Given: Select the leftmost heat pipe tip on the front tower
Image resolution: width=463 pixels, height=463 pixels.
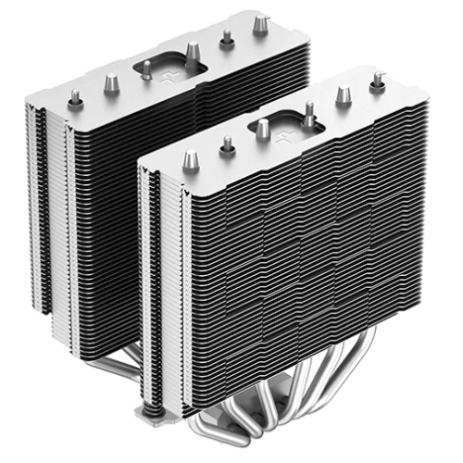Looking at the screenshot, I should (191, 159).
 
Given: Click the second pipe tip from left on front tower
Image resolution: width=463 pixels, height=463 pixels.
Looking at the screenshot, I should (227, 144).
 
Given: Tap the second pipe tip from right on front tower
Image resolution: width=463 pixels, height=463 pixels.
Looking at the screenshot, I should (344, 94).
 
